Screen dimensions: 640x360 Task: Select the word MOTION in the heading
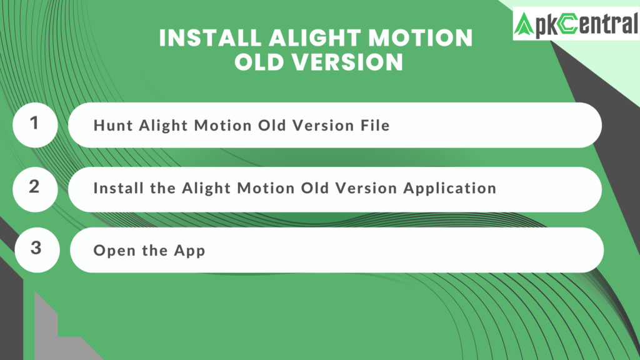tap(421, 38)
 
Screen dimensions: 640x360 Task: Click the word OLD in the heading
tap(259, 62)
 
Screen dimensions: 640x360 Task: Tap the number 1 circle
tap(35, 125)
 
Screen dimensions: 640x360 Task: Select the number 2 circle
tap(35, 189)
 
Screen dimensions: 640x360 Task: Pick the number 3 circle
tap(37, 250)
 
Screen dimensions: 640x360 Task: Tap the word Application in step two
tap(450, 189)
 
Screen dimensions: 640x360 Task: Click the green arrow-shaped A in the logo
tap(524, 24)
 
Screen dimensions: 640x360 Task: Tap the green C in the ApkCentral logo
tap(567, 24)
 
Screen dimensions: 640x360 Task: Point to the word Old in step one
tap(272, 125)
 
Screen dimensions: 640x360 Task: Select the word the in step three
tap(154, 250)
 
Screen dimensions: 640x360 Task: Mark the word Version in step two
tap(366, 188)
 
